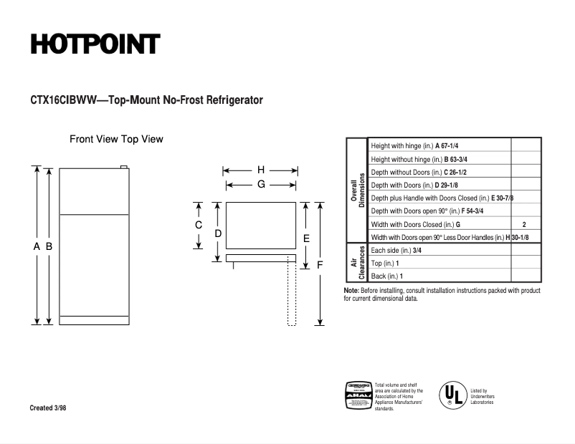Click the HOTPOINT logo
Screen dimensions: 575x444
[x=95, y=44]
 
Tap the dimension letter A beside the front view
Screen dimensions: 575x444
[x=37, y=246]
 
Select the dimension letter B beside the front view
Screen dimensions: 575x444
[x=49, y=246]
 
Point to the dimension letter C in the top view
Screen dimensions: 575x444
[x=199, y=225]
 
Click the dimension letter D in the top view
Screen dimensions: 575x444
[x=218, y=233]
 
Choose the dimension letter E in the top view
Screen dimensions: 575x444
[x=306, y=238]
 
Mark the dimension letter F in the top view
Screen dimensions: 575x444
[x=320, y=264]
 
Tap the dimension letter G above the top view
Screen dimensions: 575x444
[x=261, y=184]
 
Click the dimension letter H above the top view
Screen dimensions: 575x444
[x=261, y=170]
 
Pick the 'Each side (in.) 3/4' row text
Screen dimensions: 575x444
[x=396, y=250]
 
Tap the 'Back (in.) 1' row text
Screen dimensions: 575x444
[x=387, y=276]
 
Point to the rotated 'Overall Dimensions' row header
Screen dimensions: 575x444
[x=358, y=190]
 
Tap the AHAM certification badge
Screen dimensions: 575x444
[x=358, y=395]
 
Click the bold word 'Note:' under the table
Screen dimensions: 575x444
[x=351, y=291]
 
